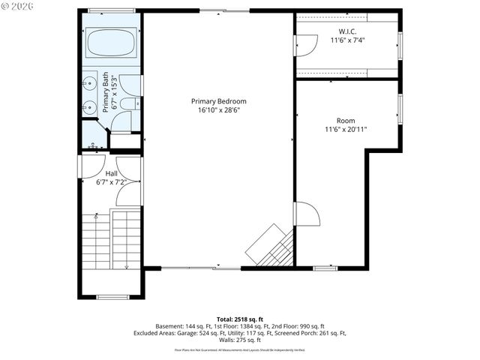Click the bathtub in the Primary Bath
pyautogui.click(x=110, y=43)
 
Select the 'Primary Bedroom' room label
pyautogui.click(x=218, y=101)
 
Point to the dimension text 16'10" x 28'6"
pyautogui.click(x=218, y=110)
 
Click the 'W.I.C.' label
pyautogui.click(x=346, y=31)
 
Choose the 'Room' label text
pyautogui.click(x=345, y=120)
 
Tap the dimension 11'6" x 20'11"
pyautogui.click(x=345, y=129)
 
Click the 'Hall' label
pyautogui.click(x=110, y=173)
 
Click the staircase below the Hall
pyautogui.click(x=110, y=240)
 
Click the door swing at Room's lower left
pyautogui.click(x=306, y=214)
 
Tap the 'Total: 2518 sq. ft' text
pyautogui.click(x=240, y=319)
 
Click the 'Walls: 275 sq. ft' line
pyautogui.click(x=240, y=340)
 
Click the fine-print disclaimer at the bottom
pyautogui.click(x=240, y=349)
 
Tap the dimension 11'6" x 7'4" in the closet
pyautogui.click(x=346, y=40)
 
